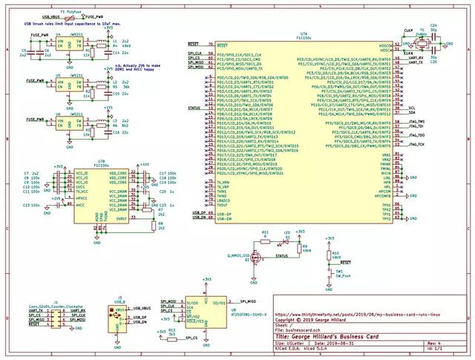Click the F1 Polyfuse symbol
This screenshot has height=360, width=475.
point(72,16)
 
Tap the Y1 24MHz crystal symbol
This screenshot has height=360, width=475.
point(422,45)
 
